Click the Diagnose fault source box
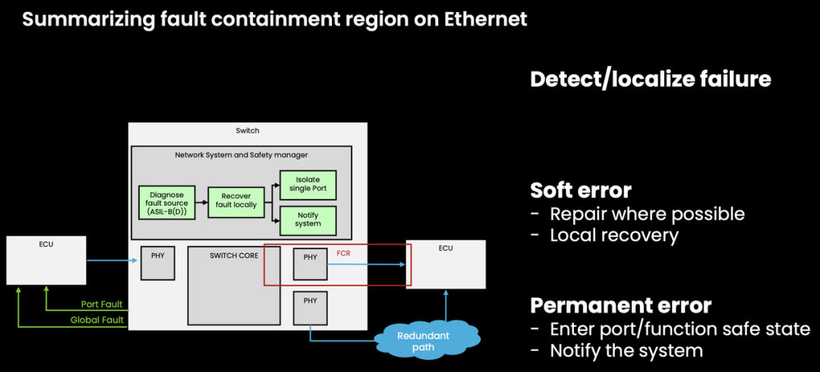166,202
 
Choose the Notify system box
307,219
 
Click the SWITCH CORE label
233,256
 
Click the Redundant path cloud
424,341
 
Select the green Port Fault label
102,304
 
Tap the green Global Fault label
97,320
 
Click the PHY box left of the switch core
157,262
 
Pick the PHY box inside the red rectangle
310,262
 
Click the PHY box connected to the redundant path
310,306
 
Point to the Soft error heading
581,189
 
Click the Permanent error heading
620,305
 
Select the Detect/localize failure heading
650,79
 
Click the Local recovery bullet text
614,235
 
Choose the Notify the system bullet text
626,351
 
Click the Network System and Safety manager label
241,155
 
